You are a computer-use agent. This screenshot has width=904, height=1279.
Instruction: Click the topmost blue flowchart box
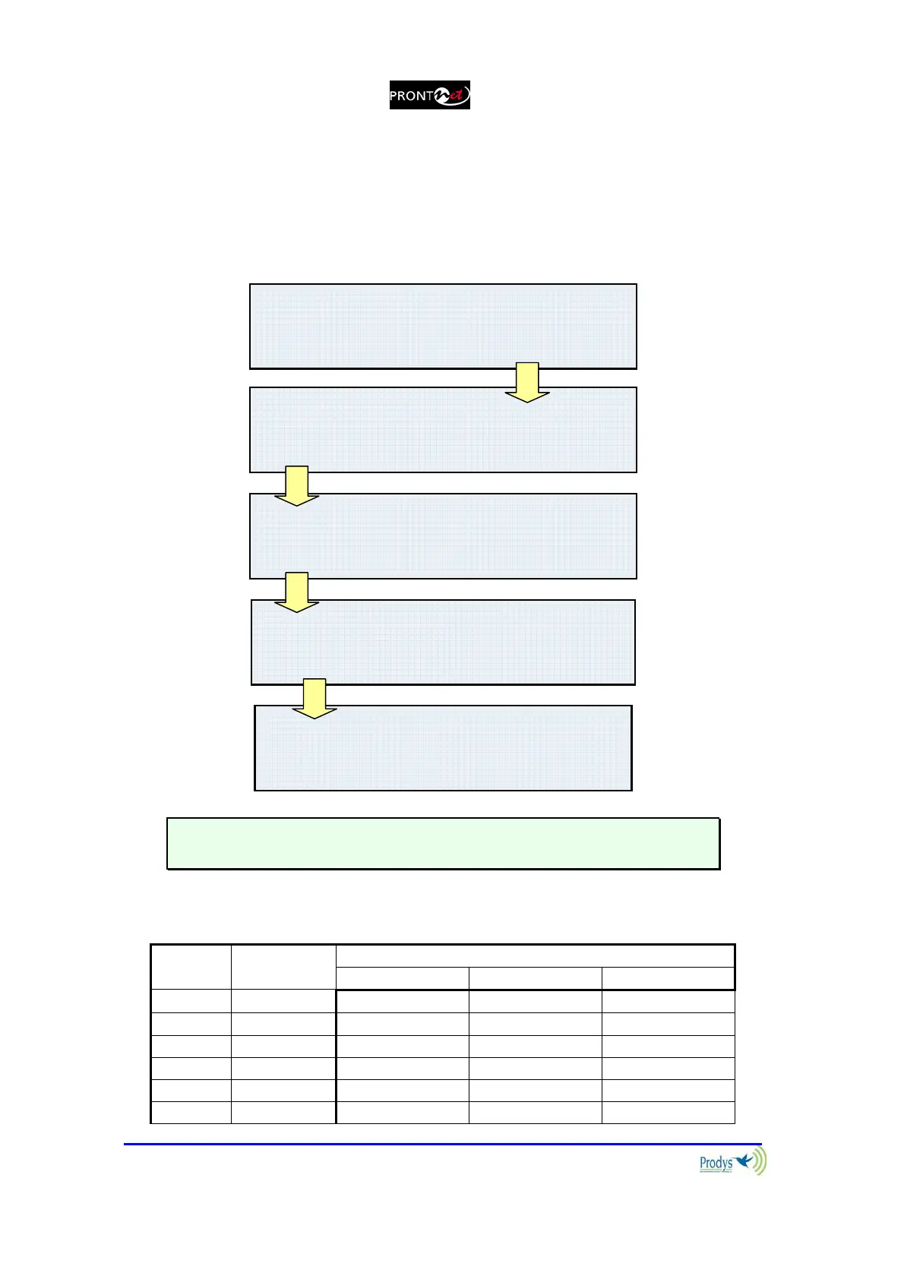[443, 326]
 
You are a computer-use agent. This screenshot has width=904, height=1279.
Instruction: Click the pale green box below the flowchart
[443, 843]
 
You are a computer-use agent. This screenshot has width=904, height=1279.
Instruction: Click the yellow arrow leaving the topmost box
[527, 382]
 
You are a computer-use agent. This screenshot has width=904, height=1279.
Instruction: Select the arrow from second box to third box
[296, 486]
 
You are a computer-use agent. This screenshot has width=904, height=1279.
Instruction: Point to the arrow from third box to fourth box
[296, 592]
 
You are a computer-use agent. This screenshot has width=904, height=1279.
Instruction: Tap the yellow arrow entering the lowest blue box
[315, 699]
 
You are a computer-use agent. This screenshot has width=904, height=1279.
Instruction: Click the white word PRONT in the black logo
[410, 96]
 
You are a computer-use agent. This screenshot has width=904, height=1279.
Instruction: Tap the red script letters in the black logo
[458, 96]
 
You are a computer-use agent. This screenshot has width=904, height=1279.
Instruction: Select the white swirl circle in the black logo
[442, 96]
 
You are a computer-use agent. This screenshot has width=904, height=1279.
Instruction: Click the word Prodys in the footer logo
[716, 1163]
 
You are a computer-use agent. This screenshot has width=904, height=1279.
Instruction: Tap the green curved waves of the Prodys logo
[760, 1161]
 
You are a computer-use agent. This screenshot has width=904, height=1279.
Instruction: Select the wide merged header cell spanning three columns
[535, 955]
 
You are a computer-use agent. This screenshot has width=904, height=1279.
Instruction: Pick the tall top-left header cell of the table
[191, 967]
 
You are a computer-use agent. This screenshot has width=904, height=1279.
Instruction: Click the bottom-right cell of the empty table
[668, 1112]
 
